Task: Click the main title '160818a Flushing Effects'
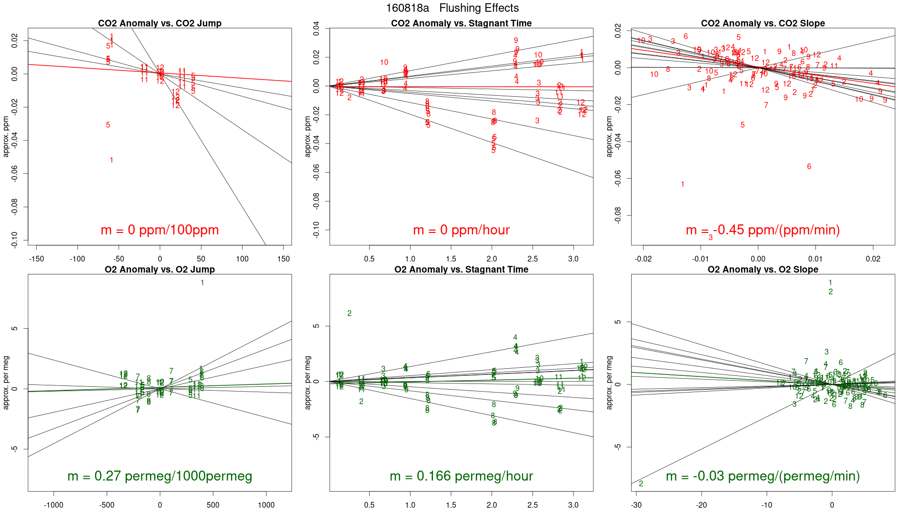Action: click(x=452, y=8)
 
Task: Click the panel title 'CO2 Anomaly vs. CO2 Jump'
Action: click(x=160, y=23)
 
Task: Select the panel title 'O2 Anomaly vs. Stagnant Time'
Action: click(x=461, y=270)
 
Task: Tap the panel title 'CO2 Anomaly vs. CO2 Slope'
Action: click(x=763, y=23)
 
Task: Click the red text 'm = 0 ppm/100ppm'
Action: click(x=160, y=230)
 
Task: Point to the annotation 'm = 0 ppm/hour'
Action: click(x=461, y=230)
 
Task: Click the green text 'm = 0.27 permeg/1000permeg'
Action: click(x=160, y=476)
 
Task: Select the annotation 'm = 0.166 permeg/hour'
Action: click(x=461, y=476)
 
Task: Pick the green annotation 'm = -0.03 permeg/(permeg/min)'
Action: click(x=763, y=476)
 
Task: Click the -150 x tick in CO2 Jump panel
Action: click(x=36, y=259)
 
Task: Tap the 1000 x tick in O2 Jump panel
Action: click(x=266, y=505)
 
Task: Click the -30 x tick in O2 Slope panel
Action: click(x=636, y=505)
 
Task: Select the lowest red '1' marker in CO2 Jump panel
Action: click(x=111, y=160)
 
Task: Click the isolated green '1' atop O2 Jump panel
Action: click(x=202, y=283)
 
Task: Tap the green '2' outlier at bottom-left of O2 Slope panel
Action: click(x=641, y=484)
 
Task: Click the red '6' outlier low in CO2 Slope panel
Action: click(x=809, y=167)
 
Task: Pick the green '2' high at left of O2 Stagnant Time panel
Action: click(x=350, y=313)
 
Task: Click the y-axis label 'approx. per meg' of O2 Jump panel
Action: click(x=6, y=383)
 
